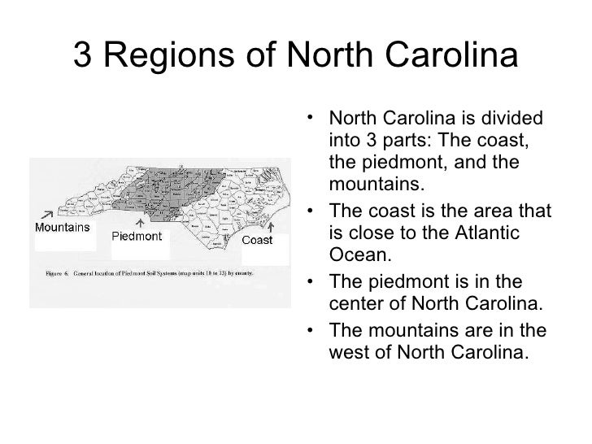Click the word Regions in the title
point(172,58)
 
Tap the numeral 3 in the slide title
point(83,56)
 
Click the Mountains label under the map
point(62,227)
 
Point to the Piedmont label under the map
point(137,237)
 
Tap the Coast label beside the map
point(258,240)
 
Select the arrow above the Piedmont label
point(141,222)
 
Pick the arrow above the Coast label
point(272,223)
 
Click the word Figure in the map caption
point(57,273)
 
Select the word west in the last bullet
point(348,354)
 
